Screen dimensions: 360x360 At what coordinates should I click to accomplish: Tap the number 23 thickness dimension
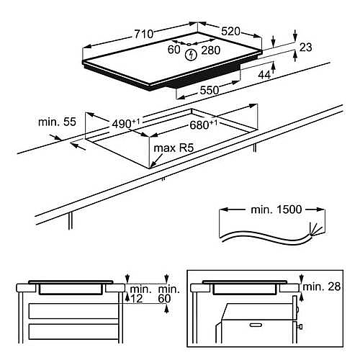(305, 48)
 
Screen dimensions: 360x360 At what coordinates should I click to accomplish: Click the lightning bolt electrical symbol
(192, 54)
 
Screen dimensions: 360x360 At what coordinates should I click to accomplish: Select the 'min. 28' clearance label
(322, 287)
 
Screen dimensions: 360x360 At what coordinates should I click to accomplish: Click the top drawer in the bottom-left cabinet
(69, 311)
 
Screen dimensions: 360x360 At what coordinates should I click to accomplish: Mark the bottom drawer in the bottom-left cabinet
(69, 333)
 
